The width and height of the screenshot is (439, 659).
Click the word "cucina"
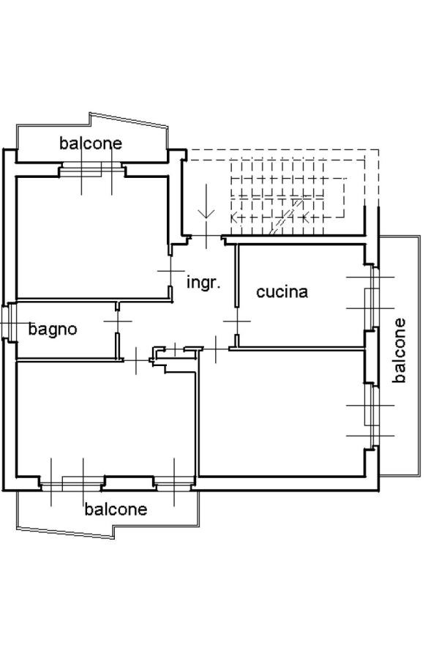[282, 292]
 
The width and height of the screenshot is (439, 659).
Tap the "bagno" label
[53, 329]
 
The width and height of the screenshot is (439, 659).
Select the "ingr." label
[203, 282]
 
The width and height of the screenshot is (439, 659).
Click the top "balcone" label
[91, 143]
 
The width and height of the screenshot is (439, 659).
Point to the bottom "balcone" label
[116, 509]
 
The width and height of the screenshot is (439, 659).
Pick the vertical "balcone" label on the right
[399, 350]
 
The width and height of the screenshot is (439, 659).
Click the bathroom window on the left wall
[7, 322]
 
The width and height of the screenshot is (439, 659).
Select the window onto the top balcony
[91, 170]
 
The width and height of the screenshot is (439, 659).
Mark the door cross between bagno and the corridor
[117, 321]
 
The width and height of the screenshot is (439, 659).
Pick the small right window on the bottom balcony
[174, 483]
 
